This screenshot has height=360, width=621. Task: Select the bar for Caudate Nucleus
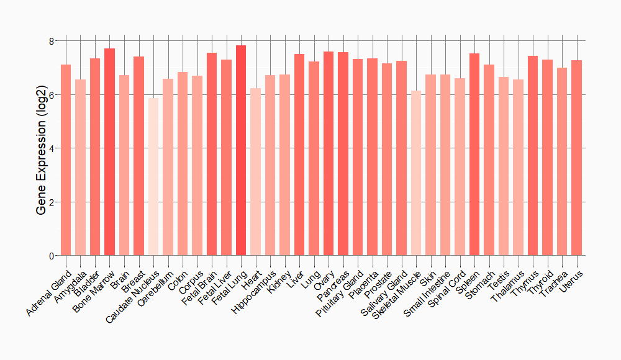tap(153, 177)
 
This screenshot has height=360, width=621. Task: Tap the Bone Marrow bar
tap(109, 152)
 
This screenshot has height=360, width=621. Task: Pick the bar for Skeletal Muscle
tap(416, 173)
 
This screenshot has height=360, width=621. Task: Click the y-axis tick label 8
tap(52, 41)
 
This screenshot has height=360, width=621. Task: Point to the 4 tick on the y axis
tap(52, 148)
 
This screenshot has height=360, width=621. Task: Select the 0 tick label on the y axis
tap(52, 256)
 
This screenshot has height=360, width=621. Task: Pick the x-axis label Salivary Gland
tap(384, 292)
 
